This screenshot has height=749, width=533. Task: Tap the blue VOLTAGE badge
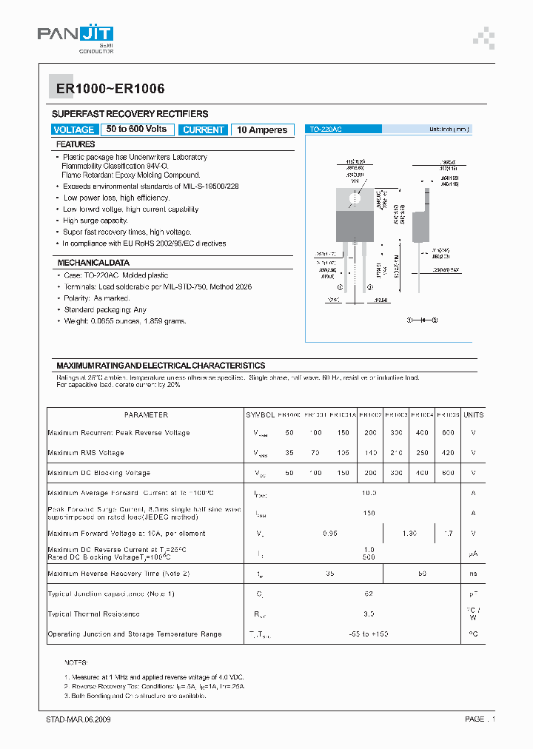click(x=74, y=130)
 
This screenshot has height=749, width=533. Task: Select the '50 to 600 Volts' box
click(x=136, y=129)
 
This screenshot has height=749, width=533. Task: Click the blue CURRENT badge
click(x=203, y=130)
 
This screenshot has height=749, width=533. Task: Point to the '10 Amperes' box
click(x=262, y=130)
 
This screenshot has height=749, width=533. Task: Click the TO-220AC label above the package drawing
click(x=324, y=129)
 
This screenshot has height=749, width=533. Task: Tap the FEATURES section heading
click(x=76, y=144)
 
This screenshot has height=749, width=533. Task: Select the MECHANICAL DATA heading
click(x=93, y=263)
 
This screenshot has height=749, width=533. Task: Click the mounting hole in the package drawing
click(x=354, y=198)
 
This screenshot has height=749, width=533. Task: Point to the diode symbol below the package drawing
click(x=423, y=320)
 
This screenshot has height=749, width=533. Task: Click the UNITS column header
click(x=473, y=415)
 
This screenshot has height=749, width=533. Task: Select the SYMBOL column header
click(x=261, y=415)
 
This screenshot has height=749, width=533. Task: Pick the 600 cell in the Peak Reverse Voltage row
click(x=449, y=432)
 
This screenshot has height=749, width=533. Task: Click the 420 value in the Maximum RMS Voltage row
click(x=449, y=452)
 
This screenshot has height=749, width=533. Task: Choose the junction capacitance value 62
click(x=369, y=594)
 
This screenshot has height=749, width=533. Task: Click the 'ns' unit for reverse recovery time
click(x=473, y=573)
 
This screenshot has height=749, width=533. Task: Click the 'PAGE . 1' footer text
click(x=480, y=719)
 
